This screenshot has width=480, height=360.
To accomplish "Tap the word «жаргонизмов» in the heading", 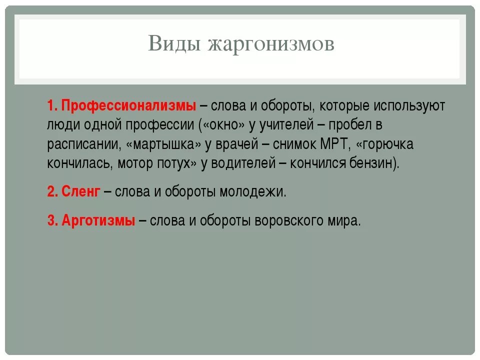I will (270, 44).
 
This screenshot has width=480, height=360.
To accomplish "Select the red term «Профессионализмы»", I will (129, 106).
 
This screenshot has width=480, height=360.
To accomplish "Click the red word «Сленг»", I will (81, 192).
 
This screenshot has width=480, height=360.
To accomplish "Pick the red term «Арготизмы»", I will (98, 220).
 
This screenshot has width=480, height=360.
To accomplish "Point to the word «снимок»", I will (293, 144).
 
